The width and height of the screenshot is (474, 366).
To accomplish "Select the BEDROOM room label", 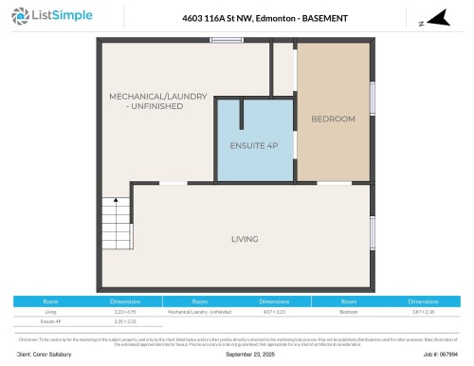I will pyautogui.click(x=333, y=119).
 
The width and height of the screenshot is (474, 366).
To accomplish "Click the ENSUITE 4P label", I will pyautogui.click(x=253, y=145).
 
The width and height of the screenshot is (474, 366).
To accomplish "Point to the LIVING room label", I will pyautogui.click(x=245, y=239).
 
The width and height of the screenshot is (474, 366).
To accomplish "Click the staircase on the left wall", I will pyautogui.click(x=116, y=225).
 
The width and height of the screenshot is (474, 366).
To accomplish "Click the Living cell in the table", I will pyautogui.click(x=51, y=311).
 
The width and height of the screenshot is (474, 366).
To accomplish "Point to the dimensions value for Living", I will pyautogui.click(x=125, y=311).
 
